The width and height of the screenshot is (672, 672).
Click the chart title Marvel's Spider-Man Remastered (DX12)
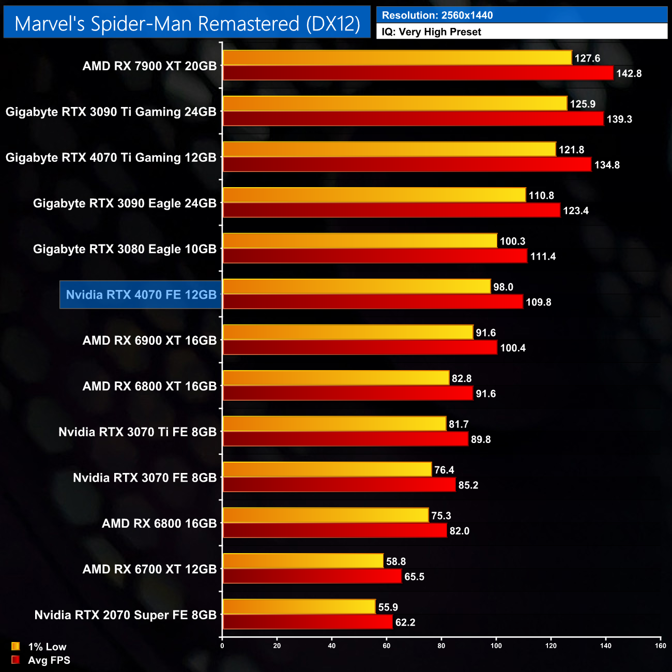pyautogui.click(x=187, y=23)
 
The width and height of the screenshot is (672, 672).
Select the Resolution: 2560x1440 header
pyautogui.click(x=437, y=16)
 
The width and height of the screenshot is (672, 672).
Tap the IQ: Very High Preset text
pyautogui.click(x=431, y=32)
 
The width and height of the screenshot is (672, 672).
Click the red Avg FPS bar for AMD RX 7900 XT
pyautogui.click(x=418, y=73)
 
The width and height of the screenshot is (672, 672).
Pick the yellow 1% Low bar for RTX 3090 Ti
pyautogui.click(x=395, y=103)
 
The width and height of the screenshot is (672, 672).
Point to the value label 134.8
pyautogui.click(x=607, y=165)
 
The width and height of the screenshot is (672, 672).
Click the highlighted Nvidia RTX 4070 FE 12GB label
pyautogui.click(x=141, y=295)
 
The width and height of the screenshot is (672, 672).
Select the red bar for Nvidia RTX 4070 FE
pyautogui.click(x=373, y=302)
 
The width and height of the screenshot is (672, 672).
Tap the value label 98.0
pyautogui.click(x=503, y=287)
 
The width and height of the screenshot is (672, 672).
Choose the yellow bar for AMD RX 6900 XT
pyautogui.click(x=348, y=332)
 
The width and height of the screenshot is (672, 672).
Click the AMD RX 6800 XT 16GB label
pyautogui.click(x=149, y=386)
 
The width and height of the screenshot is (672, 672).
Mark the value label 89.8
pyautogui.click(x=481, y=440)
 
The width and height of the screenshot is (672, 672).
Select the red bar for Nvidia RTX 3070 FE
pyautogui.click(x=339, y=485)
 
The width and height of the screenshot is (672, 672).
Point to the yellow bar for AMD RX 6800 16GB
pyautogui.click(x=326, y=515)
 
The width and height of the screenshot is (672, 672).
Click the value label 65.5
pyautogui.click(x=414, y=577)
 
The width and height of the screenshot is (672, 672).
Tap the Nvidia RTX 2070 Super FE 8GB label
pyautogui.click(x=125, y=615)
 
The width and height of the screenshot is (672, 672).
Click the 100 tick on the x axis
pyautogui.click(x=496, y=646)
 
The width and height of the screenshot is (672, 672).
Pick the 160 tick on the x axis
pyautogui.click(x=660, y=646)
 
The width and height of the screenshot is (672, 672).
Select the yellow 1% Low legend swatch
pyautogui.click(x=16, y=647)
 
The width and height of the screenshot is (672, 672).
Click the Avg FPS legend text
pyautogui.click(x=49, y=660)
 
